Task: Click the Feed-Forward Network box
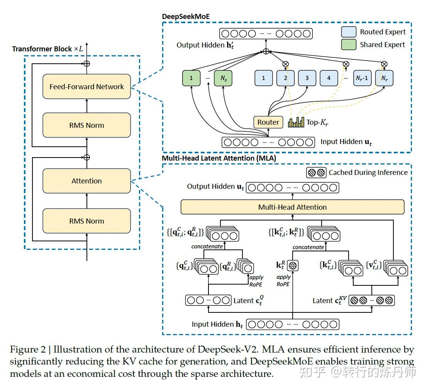pyautogui.click(x=86, y=86)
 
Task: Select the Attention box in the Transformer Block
pyautogui.click(x=86, y=181)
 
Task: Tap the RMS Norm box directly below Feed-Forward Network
pyautogui.click(x=86, y=125)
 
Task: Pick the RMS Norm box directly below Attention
pyautogui.click(x=86, y=221)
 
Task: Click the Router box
pyautogui.click(x=268, y=122)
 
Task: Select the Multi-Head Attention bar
pyautogui.click(x=293, y=207)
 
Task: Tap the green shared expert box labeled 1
pyautogui.click(x=191, y=78)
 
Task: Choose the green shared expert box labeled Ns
pyautogui.click(x=223, y=78)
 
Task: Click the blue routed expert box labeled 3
pyautogui.click(x=307, y=78)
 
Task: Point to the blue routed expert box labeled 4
pyautogui.click(x=329, y=78)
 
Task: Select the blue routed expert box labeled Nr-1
pyautogui.click(x=362, y=78)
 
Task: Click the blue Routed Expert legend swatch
pyautogui.click(x=349, y=32)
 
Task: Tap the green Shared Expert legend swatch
pyautogui.click(x=349, y=44)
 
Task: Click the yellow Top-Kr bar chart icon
pyautogui.click(x=296, y=122)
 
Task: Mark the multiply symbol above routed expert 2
pyautogui.click(x=285, y=64)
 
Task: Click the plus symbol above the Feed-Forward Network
pyautogui.click(x=86, y=64)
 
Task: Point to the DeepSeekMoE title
pyautogui.click(x=186, y=17)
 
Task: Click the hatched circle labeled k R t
pyautogui.click(x=293, y=266)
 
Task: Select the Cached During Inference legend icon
pyautogui.click(x=316, y=172)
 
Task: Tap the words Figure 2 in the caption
pyautogui.click(x=28, y=349)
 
